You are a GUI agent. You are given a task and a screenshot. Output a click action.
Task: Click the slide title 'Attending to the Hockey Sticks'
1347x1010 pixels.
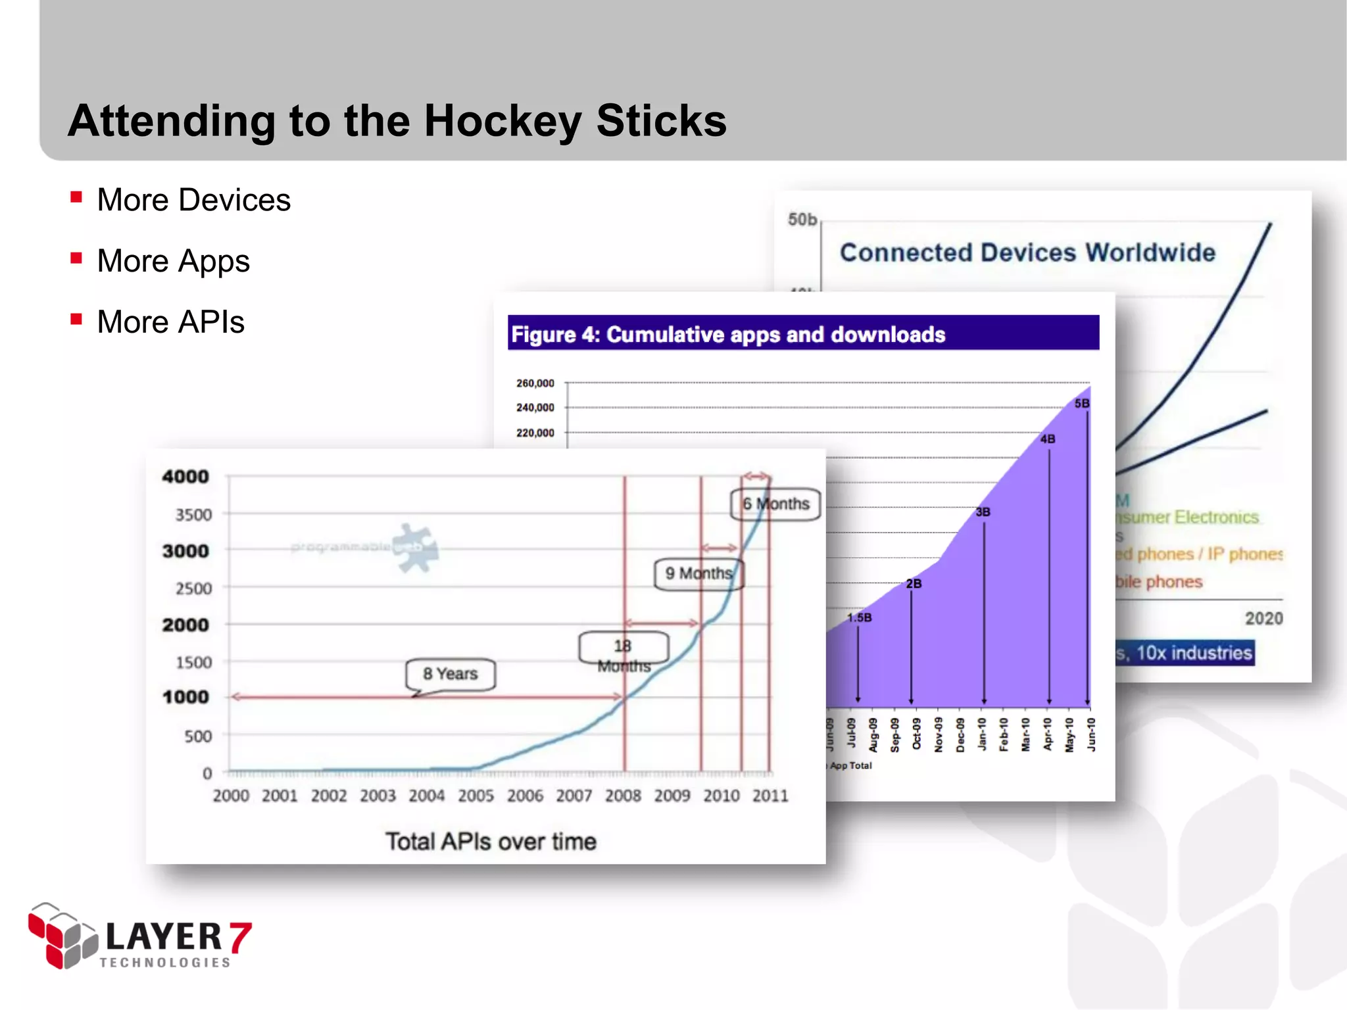(x=397, y=121)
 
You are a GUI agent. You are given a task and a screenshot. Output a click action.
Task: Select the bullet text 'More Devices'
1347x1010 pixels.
(x=193, y=200)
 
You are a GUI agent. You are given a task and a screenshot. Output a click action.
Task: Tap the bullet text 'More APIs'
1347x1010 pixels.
(x=170, y=322)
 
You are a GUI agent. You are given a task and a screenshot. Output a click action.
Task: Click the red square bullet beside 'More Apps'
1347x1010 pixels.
(x=76, y=258)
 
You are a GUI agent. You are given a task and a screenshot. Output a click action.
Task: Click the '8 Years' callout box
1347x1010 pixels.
(x=451, y=674)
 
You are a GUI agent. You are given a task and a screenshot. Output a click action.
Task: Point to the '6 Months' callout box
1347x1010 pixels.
(x=776, y=504)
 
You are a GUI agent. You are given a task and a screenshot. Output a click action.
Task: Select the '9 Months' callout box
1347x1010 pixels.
(x=698, y=573)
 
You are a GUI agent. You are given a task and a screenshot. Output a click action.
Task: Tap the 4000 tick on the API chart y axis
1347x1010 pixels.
(x=185, y=477)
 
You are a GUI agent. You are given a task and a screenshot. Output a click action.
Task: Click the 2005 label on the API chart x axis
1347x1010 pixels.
(x=476, y=796)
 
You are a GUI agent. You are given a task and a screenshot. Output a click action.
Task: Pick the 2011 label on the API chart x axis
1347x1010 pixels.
(x=770, y=796)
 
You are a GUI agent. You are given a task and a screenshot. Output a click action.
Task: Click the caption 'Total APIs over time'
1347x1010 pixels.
(x=491, y=842)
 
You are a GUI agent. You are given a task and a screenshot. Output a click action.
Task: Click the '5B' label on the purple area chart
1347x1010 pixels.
(x=1082, y=403)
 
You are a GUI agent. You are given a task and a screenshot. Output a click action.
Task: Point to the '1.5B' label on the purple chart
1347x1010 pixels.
(x=859, y=617)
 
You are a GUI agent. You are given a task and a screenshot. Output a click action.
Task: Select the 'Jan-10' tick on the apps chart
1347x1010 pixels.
(x=982, y=734)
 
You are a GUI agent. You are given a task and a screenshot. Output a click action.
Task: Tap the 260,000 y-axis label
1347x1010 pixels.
(x=535, y=383)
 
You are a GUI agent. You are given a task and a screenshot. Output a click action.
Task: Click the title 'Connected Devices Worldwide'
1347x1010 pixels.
(x=1027, y=252)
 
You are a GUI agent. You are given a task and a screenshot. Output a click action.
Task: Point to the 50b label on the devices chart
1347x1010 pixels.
(x=802, y=220)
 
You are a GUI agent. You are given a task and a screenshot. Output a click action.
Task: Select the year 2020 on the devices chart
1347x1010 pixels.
(x=1263, y=618)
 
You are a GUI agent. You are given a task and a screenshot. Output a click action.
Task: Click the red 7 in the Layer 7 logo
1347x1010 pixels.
(x=240, y=938)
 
